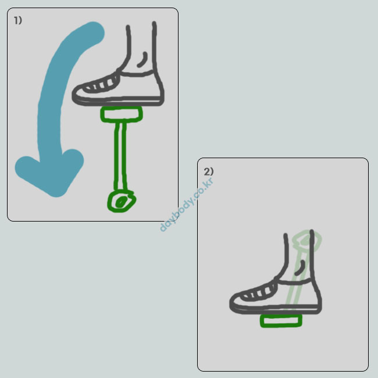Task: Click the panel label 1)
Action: click(x=18, y=20)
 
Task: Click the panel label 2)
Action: click(x=209, y=172)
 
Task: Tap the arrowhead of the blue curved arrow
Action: click(x=51, y=173)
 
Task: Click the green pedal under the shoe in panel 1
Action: click(x=122, y=114)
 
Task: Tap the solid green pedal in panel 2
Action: click(x=281, y=320)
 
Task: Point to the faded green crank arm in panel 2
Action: click(x=295, y=280)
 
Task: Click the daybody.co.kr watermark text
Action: click(x=186, y=205)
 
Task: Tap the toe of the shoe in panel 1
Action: click(x=77, y=94)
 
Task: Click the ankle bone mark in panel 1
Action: click(x=142, y=59)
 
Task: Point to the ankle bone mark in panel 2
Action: click(x=300, y=268)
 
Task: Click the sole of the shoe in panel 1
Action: click(x=118, y=101)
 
